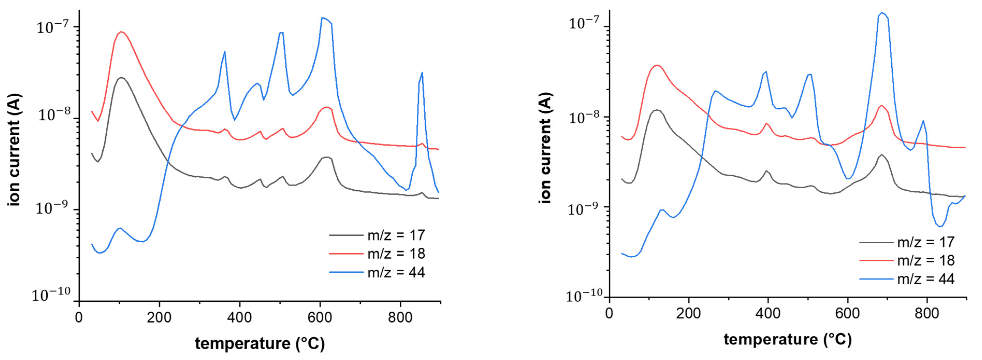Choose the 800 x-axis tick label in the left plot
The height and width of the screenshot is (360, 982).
click(400, 317)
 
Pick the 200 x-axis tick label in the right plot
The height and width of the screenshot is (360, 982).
click(688, 313)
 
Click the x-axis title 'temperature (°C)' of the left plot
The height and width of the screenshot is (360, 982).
click(260, 343)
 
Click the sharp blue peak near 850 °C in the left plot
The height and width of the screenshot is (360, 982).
click(422, 73)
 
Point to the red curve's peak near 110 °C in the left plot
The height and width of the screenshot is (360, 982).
click(121, 32)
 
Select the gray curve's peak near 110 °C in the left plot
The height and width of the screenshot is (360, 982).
click(121, 77)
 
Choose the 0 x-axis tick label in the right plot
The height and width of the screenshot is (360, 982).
click(609, 313)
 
